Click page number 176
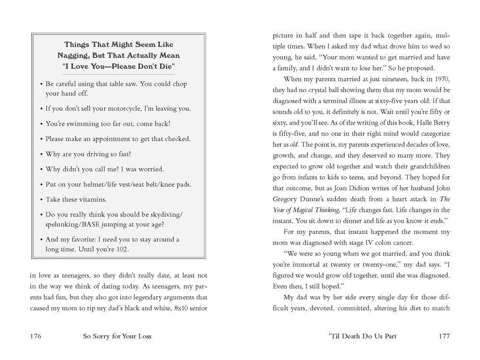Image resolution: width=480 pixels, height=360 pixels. (x=36, y=336)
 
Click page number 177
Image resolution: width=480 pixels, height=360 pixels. (x=444, y=336)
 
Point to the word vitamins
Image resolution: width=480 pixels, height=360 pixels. (x=92, y=199)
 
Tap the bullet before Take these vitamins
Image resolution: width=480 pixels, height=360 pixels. (x=41, y=199)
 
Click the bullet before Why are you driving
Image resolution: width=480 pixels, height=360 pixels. (x=41, y=154)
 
